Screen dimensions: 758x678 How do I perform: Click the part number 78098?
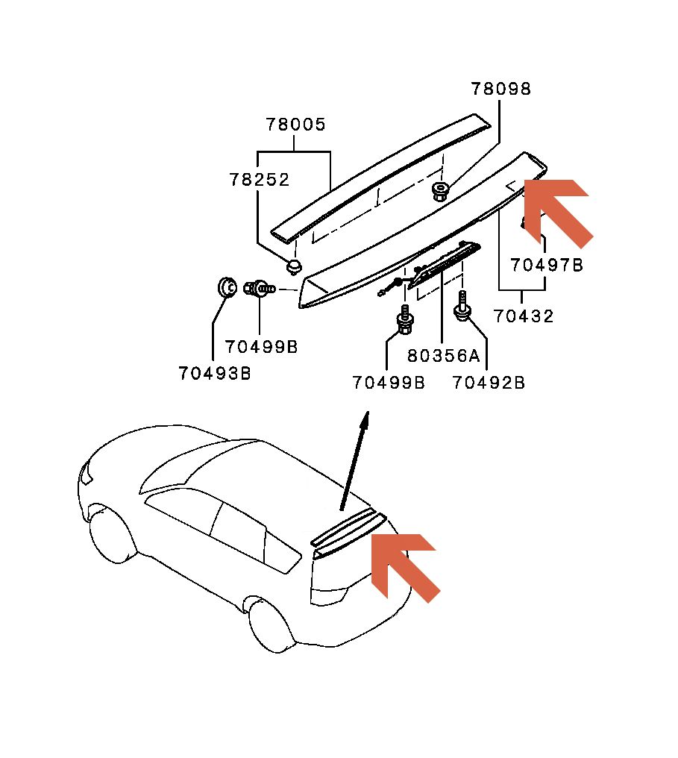[500, 89]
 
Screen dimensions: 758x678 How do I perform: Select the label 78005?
[296, 125]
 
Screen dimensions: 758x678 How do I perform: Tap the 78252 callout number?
[259, 180]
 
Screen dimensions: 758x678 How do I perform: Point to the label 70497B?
[547, 265]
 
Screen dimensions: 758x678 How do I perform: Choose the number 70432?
[524, 316]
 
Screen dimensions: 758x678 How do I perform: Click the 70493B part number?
[214, 373]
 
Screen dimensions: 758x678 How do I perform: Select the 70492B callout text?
[489, 383]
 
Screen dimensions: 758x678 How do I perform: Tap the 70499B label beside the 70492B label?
[389, 383]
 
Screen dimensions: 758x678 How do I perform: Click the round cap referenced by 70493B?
[226, 286]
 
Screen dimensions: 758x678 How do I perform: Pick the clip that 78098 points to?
[440, 192]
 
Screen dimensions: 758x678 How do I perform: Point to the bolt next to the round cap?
[261, 287]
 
